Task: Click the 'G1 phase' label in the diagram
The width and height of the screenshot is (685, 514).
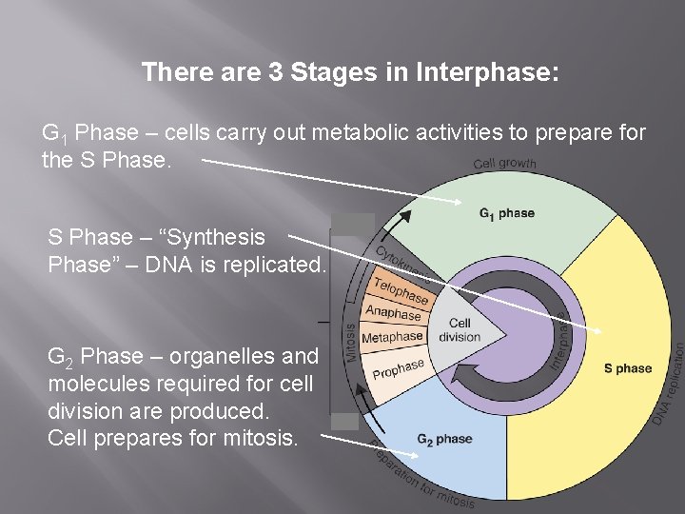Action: tap(507, 213)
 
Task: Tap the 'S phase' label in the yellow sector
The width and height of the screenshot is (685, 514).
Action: tap(628, 368)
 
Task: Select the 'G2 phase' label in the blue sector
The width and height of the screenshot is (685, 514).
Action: tap(443, 440)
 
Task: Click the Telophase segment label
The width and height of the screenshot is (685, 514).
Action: tap(401, 289)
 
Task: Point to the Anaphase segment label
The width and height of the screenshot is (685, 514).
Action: tap(394, 313)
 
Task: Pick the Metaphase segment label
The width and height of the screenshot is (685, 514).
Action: tap(392, 337)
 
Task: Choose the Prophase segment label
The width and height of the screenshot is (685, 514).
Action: tap(398, 368)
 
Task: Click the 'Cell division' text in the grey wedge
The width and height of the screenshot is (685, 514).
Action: tap(459, 329)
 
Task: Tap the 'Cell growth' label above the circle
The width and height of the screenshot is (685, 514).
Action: tap(504, 164)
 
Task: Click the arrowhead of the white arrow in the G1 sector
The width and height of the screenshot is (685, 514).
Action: tap(462, 201)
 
